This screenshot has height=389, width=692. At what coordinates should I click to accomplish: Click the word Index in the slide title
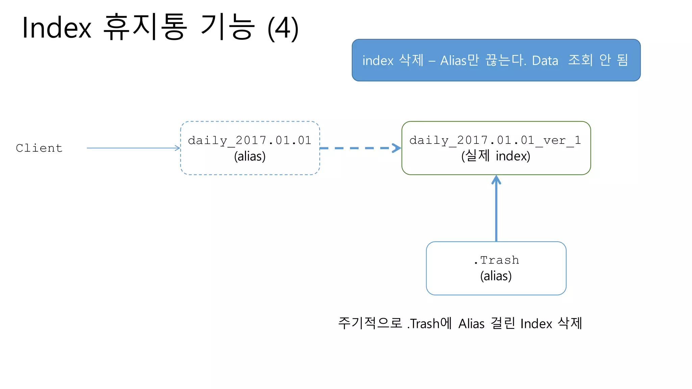(57, 28)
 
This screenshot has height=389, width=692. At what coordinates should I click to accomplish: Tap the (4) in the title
(283, 28)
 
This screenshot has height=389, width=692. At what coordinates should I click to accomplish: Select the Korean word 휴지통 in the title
(145, 27)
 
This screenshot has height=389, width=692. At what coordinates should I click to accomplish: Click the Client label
(39, 148)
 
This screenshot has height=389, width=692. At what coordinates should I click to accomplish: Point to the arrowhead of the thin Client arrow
(178, 148)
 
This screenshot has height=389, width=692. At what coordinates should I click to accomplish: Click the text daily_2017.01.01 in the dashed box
(250, 140)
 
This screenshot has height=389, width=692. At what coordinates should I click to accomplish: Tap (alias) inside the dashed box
(250, 156)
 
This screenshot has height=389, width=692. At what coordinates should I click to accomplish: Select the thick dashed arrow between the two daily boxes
(358, 148)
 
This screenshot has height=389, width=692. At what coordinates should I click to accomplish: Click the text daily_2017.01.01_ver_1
(495, 140)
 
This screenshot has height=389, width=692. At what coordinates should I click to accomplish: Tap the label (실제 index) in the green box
(496, 156)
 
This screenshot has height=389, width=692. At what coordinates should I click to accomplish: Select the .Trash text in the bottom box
(496, 260)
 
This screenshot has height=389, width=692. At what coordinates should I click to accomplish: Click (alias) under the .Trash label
(496, 276)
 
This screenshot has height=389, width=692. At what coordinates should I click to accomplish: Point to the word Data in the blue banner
(545, 61)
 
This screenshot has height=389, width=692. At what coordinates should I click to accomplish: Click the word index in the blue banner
(378, 61)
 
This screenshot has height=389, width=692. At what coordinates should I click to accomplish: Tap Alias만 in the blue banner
(460, 60)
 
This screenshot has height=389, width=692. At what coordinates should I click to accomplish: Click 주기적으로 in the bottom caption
(370, 323)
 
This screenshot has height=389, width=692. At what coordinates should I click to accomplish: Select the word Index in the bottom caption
(536, 323)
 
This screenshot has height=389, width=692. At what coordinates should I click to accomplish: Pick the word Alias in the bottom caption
(471, 323)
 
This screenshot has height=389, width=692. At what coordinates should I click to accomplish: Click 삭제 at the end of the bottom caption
(570, 323)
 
